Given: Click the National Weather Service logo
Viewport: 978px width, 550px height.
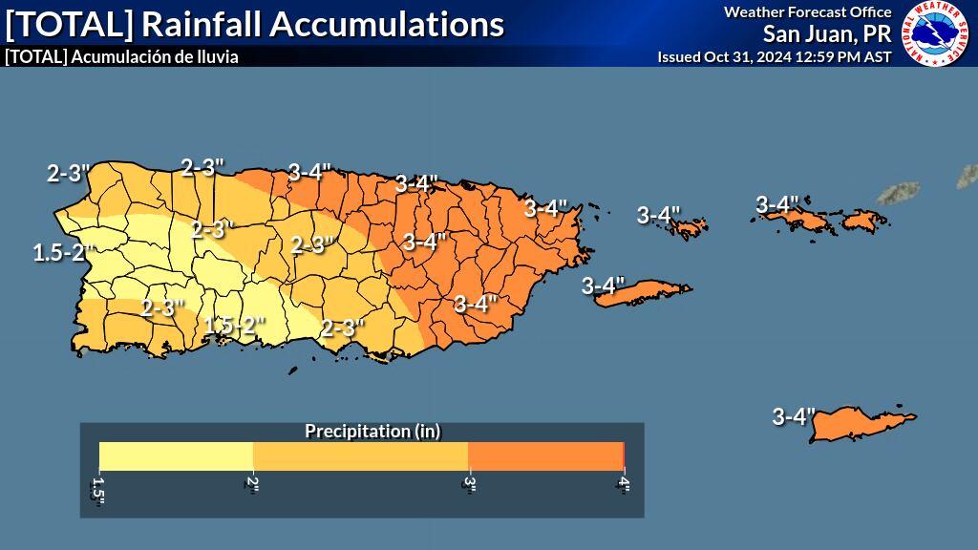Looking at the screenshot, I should coord(936,33).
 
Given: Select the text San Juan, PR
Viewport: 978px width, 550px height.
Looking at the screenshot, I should coord(826,34).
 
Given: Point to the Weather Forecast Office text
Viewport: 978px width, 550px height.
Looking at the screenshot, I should coord(807,11).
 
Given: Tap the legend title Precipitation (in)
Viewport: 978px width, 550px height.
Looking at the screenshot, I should coord(372,431).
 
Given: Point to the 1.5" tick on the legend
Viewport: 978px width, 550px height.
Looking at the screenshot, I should coord(97,486).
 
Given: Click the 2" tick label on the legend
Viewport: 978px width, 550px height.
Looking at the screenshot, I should coord(252,481).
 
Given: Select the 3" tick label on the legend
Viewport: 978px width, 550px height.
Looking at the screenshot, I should coord(468,481).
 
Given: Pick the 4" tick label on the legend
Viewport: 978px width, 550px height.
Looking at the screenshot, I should coord(624,481).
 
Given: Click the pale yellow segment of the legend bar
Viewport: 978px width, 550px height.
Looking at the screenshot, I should coord(176,456).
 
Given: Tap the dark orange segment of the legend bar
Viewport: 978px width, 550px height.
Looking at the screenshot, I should coord(544,456).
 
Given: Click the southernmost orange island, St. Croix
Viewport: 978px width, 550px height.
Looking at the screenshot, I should coord(860,423).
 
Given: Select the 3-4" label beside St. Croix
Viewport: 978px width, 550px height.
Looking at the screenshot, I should coord(793,416).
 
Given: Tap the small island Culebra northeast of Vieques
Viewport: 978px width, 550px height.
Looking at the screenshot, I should coord(688,228).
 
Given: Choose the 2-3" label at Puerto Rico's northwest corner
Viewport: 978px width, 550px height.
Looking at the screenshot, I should coord(68,173).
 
